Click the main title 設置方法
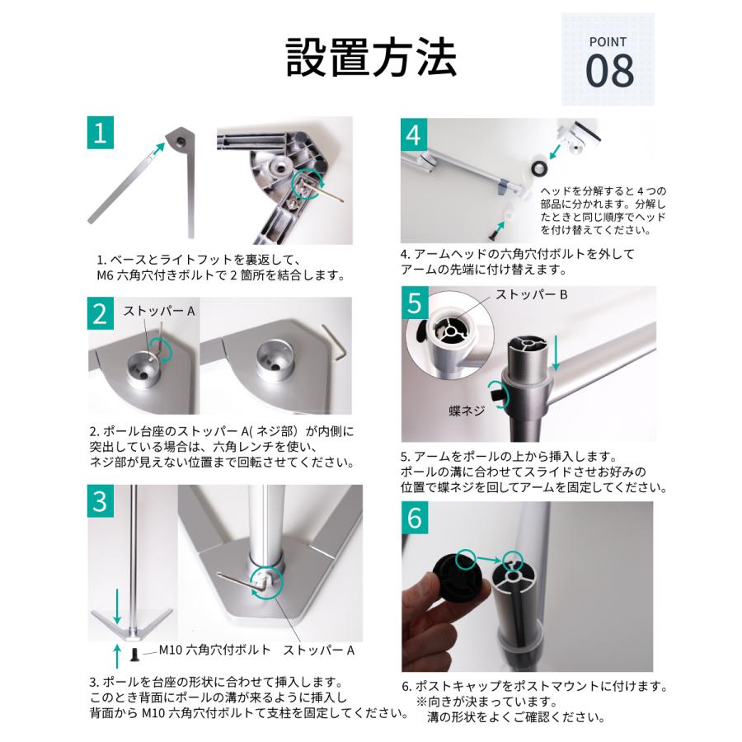(x=371, y=56)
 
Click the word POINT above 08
(x=608, y=42)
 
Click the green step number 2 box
(x=99, y=313)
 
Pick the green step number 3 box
(x=99, y=500)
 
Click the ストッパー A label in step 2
(x=159, y=312)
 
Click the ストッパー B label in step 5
(x=533, y=294)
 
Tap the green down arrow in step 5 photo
(x=557, y=352)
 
